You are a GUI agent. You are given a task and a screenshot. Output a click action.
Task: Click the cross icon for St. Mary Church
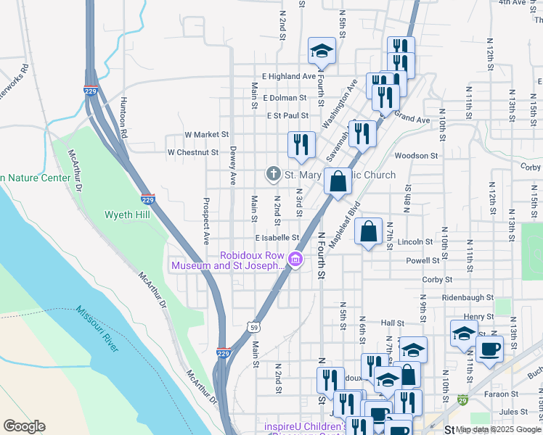click(x=273, y=175)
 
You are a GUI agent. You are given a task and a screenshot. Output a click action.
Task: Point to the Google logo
click(x=24, y=426)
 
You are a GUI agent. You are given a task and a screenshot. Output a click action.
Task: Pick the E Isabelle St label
click(x=277, y=237)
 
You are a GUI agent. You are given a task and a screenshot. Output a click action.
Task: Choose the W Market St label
click(x=206, y=135)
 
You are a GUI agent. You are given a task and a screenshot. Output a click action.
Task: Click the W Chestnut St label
click(x=192, y=153)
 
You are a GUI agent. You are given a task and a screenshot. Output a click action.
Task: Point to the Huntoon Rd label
click(x=124, y=119)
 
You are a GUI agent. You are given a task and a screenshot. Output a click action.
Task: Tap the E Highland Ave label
click(x=289, y=76)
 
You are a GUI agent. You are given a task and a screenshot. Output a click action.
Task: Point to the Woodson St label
click(x=416, y=155)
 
